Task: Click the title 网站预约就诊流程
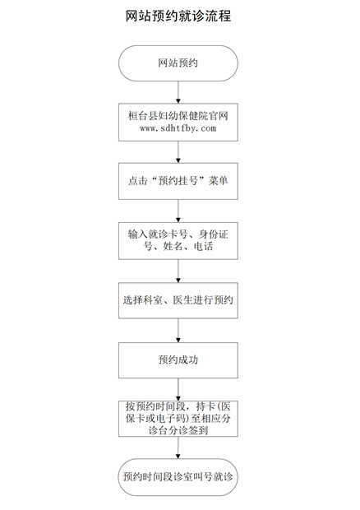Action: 178,16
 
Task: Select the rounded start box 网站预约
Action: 178,63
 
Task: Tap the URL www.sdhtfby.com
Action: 178,128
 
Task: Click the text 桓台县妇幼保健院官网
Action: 178,116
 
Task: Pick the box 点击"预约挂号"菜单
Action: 178,181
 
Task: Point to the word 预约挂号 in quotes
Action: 178,180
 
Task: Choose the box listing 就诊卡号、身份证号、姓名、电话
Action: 178,241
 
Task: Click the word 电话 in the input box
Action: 203,247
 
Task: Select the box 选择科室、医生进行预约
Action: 178,300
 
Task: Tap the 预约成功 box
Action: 178,360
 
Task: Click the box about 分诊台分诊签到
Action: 178,419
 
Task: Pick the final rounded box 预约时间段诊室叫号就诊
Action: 178,477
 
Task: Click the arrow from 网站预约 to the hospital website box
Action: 178,92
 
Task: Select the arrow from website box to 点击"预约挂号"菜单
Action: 178,152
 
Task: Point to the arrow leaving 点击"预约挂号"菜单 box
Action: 178,211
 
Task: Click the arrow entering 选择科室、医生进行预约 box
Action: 178,271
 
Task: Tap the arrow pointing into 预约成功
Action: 178,330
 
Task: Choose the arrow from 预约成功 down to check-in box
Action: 178,389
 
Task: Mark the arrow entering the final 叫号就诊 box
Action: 178,447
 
